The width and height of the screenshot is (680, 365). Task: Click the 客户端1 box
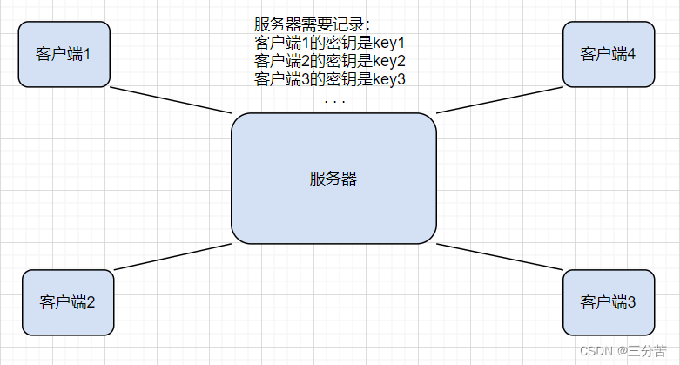click(x=64, y=53)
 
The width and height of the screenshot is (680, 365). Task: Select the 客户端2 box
click(x=68, y=302)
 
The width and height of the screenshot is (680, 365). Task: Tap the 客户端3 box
click(x=608, y=302)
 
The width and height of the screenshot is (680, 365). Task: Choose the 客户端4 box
click(x=608, y=53)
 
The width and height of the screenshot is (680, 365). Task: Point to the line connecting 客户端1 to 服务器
click(x=171, y=99)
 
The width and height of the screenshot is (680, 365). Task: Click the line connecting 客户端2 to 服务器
click(x=172, y=255)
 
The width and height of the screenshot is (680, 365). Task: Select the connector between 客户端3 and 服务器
click(x=499, y=257)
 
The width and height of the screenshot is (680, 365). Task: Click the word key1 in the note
click(x=389, y=43)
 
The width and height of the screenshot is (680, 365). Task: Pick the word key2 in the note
click(x=389, y=61)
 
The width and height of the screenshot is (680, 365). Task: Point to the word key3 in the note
click(x=389, y=79)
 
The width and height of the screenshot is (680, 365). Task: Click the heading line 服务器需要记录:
click(x=312, y=24)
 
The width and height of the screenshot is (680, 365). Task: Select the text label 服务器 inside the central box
click(x=333, y=179)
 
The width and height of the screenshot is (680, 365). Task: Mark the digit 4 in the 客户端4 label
click(x=632, y=53)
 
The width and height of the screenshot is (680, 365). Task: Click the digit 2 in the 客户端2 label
click(x=91, y=303)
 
